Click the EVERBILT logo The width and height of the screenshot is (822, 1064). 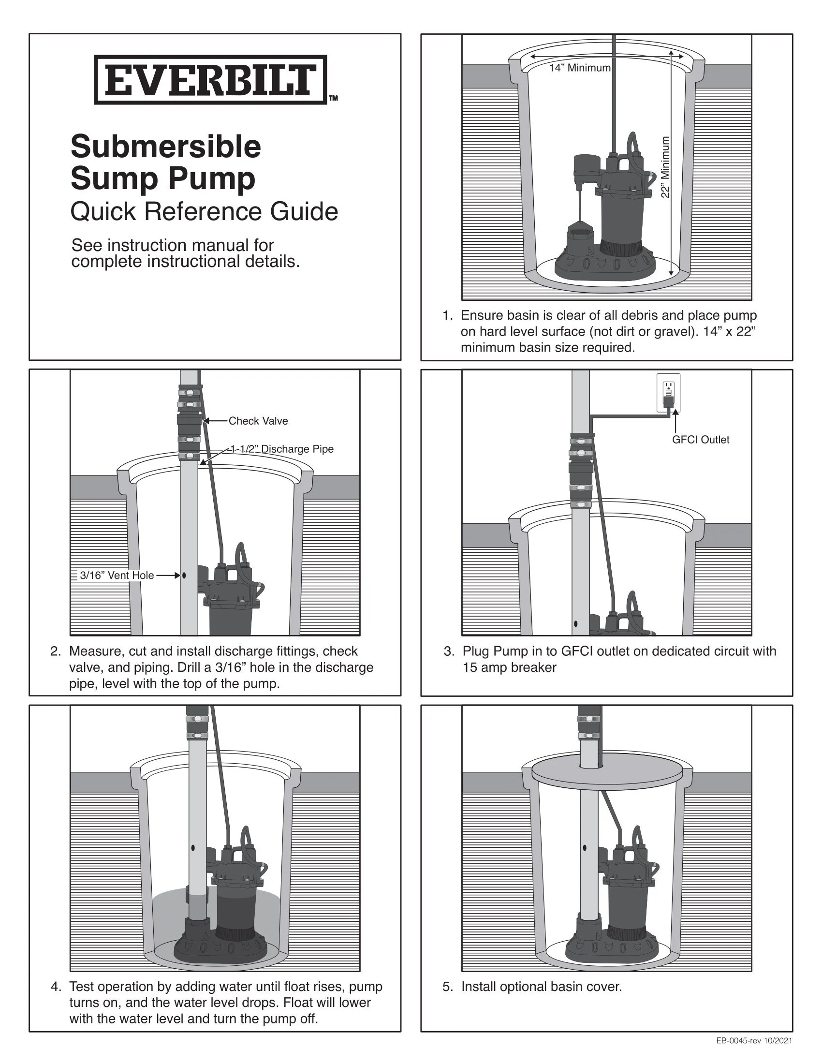click(210, 80)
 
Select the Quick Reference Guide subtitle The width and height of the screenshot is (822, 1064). click(204, 212)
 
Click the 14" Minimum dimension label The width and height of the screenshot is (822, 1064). click(579, 68)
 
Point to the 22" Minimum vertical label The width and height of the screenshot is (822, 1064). click(665, 167)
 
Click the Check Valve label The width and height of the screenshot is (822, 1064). click(258, 421)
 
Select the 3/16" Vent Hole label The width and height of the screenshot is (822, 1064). click(117, 576)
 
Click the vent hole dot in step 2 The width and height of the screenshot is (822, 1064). click(184, 576)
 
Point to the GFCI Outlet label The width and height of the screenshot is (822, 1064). click(701, 440)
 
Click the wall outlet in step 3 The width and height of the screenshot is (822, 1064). click(668, 393)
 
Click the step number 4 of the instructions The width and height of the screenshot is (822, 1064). click(56, 987)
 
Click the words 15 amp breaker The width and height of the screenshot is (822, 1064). click(509, 667)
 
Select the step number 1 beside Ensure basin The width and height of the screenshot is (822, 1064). click(447, 315)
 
